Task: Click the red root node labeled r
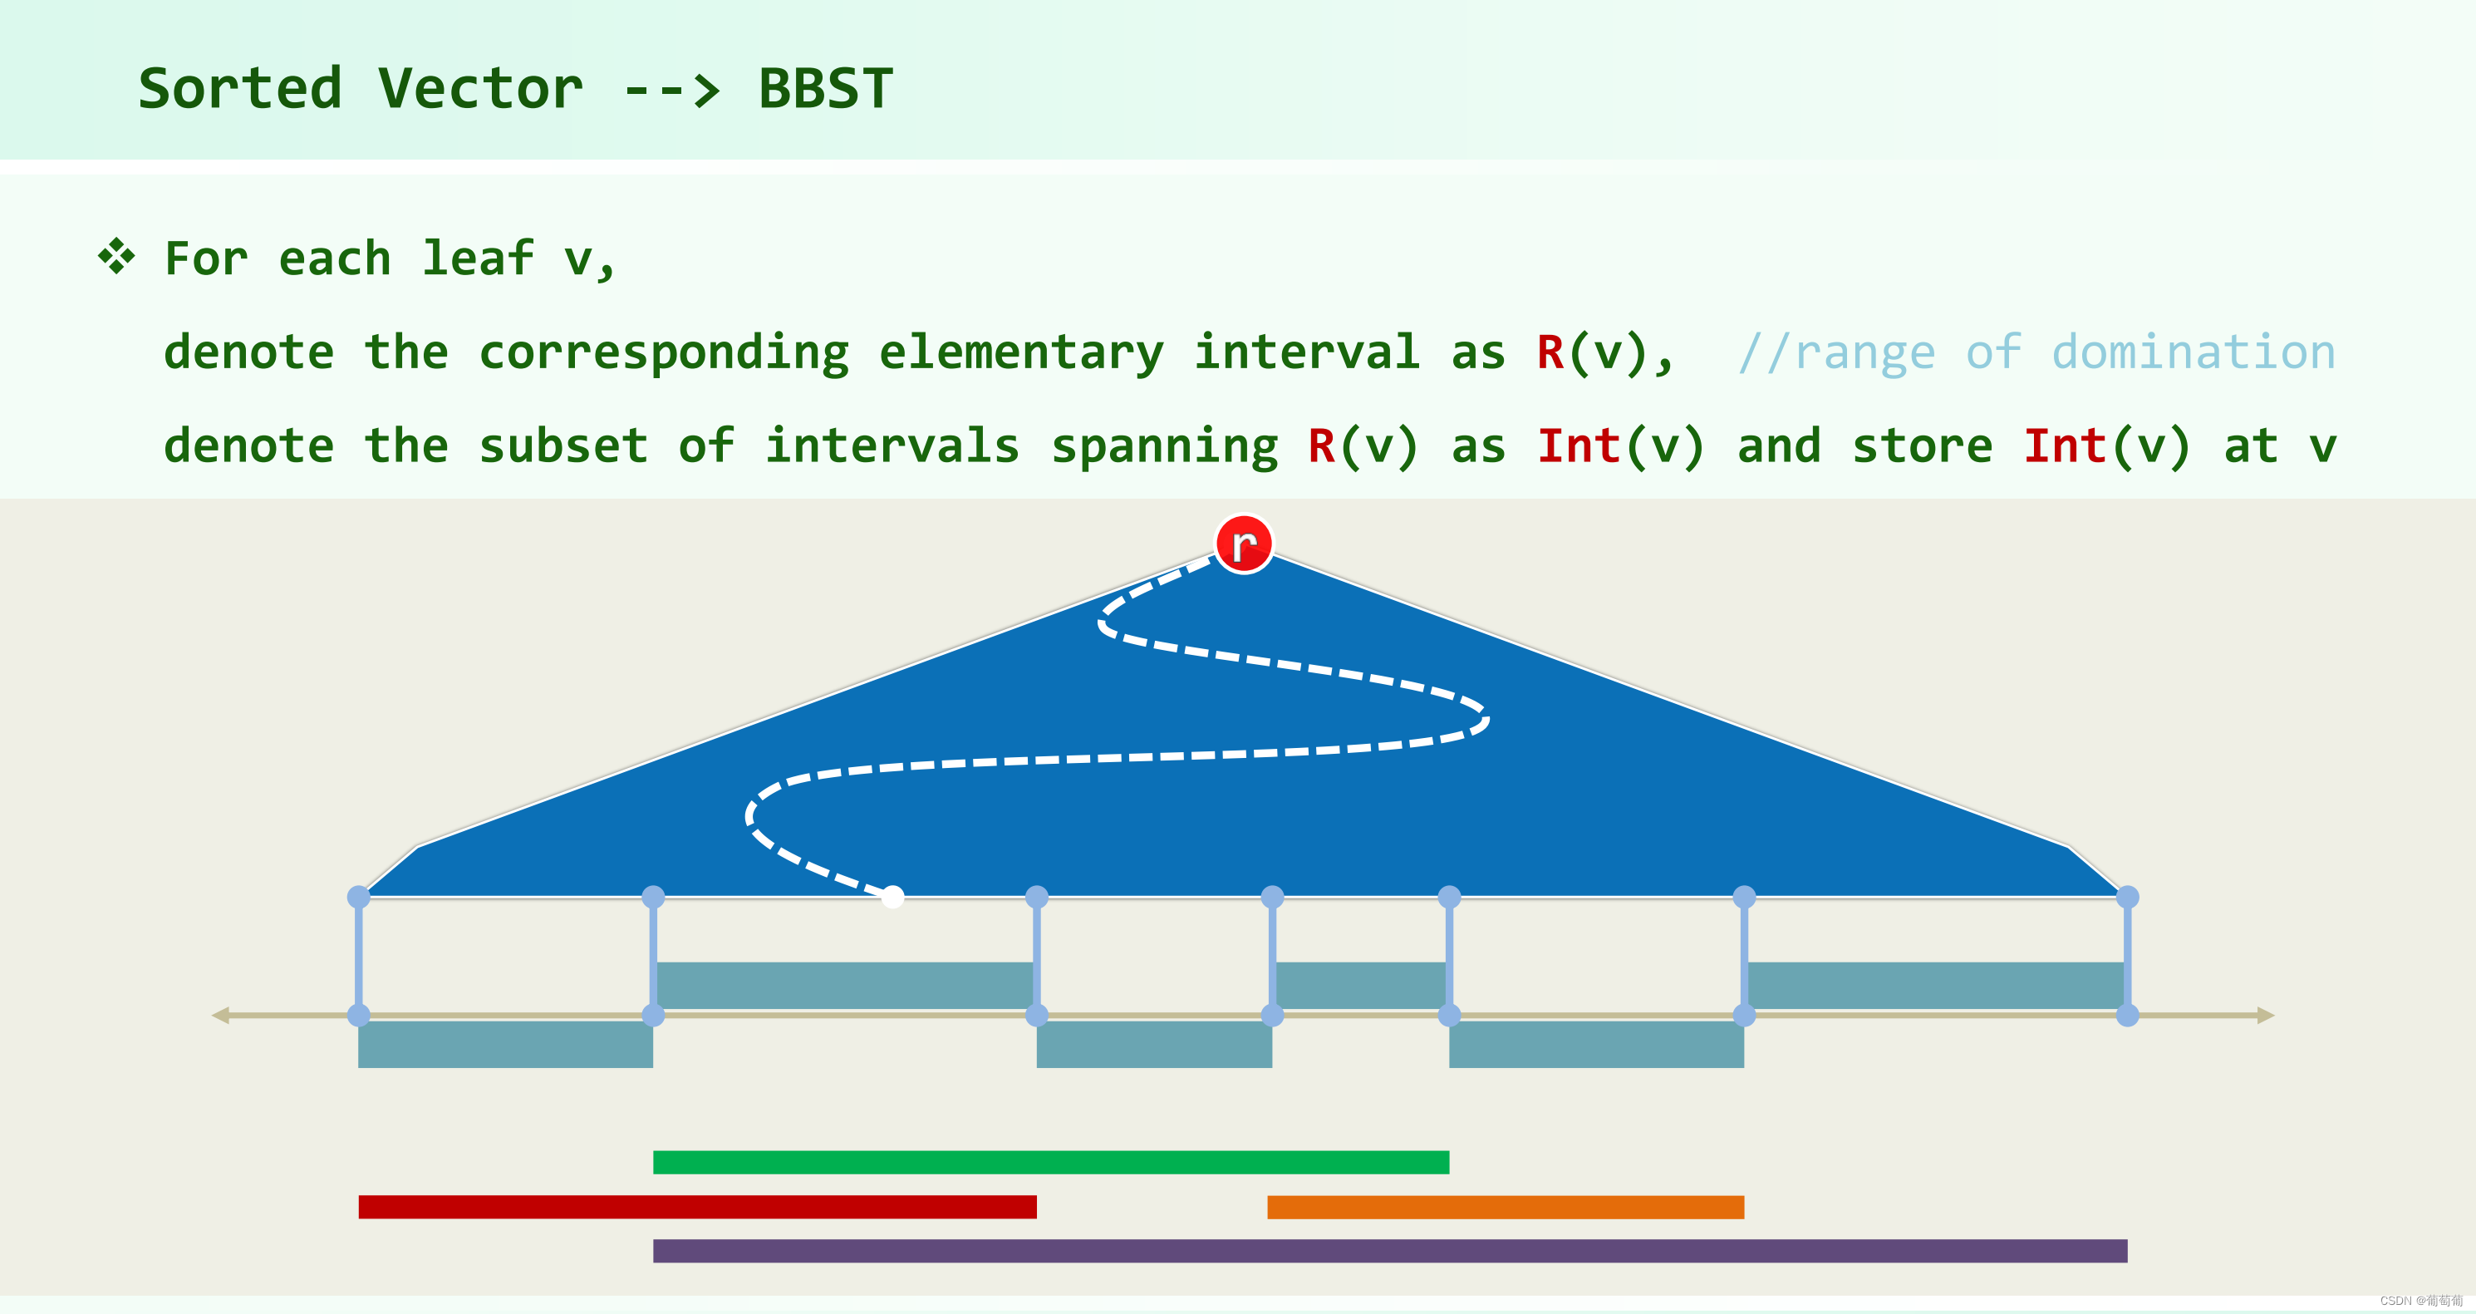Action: pyautogui.click(x=1244, y=544)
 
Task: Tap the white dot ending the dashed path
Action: pyautogui.click(x=893, y=897)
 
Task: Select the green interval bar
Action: pyautogui.click(x=1050, y=1162)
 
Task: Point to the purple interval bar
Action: pyautogui.click(x=1390, y=1251)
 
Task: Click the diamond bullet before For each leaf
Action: pyautogui.click(x=116, y=256)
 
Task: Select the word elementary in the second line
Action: pyautogui.click(x=1021, y=352)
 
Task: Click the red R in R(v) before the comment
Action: pyautogui.click(x=1550, y=352)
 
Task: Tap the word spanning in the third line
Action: pyautogui.click(x=1164, y=446)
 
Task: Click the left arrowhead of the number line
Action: pyautogui.click(x=221, y=1015)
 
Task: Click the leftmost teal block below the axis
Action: pyautogui.click(x=505, y=1044)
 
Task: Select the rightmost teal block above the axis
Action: pyautogui.click(x=1935, y=985)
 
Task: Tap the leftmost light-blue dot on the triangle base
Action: pyautogui.click(x=358, y=897)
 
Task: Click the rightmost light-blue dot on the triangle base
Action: pyautogui.click(x=2127, y=897)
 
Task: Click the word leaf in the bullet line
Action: pyautogui.click(x=478, y=258)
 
